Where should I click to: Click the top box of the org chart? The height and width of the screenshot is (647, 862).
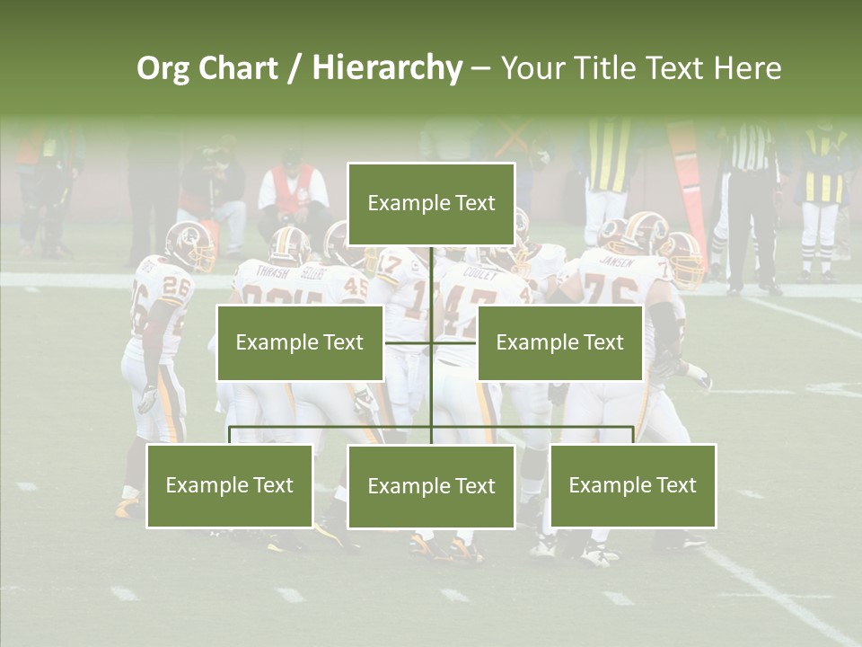click(x=431, y=204)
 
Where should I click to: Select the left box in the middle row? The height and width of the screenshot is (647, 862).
click(x=300, y=342)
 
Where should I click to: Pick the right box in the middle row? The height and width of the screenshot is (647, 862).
click(x=559, y=342)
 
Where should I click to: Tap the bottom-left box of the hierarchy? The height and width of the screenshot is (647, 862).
click(x=230, y=485)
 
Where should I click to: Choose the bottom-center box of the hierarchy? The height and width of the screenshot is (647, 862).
click(x=431, y=486)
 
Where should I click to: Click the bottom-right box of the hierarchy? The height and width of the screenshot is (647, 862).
click(x=633, y=485)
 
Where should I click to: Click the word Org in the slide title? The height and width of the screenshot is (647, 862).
click(x=163, y=68)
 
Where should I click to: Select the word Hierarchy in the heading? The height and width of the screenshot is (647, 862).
click(x=387, y=68)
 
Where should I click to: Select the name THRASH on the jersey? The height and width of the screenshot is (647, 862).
click(x=273, y=270)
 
